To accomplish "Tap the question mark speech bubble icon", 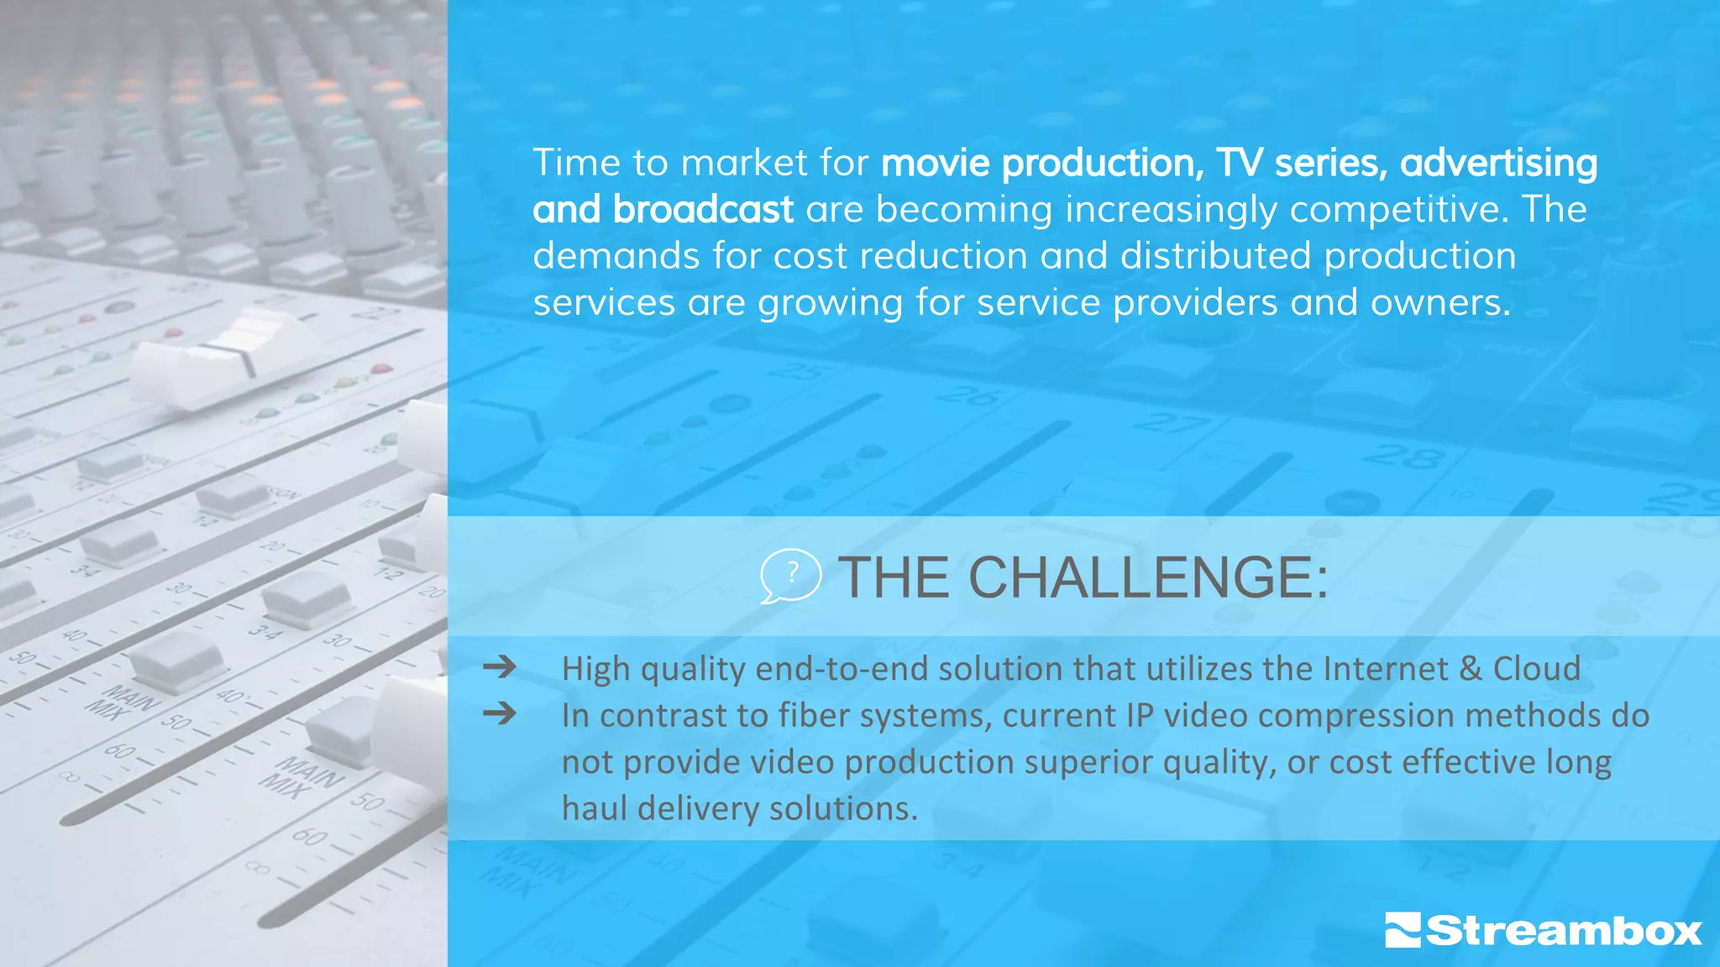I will click(x=789, y=576).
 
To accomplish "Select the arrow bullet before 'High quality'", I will click(x=500, y=667).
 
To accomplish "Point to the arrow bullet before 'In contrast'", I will click(x=500, y=714).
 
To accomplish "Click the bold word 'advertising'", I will click(x=1498, y=163).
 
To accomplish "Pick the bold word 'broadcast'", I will click(x=703, y=210).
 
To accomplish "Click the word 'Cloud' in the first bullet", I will click(x=1536, y=669).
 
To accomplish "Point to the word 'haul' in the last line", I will click(x=594, y=808).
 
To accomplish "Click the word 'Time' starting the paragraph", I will click(x=575, y=163).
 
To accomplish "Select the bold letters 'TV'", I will click(x=1239, y=163).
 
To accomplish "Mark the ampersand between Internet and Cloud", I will click(x=1471, y=669).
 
